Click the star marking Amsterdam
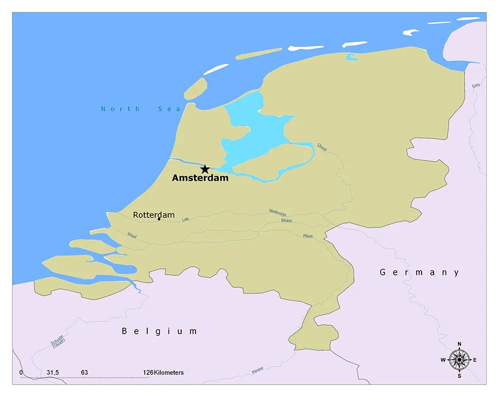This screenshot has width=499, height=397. (x=205, y=169)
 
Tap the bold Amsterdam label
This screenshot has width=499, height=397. (x=200, y=178)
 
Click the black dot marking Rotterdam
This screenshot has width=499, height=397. (x=159, y=219)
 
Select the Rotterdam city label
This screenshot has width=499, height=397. (x=154, y=215)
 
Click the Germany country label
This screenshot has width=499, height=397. (x=419, y=272)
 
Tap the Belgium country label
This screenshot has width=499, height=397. (x=160, y=331)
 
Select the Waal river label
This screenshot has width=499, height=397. (x=132, y=234)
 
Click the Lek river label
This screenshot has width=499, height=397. (x=186, y=219)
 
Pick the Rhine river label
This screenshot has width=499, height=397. (x=286, y=220)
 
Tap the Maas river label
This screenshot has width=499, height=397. (x=308, y=235)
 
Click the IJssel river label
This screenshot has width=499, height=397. (x=322, y=147)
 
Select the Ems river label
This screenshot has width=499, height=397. (x=476, y=86)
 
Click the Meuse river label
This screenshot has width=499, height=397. (x=257, y=370)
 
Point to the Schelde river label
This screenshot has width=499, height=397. (x=57, y=342)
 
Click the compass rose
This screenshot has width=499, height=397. (x=459, y=360)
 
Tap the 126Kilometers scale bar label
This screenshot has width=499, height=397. (x=163, y=373)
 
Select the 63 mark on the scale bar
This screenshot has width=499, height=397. (x=84, y=373)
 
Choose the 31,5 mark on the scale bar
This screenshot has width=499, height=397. (x=53, y=373)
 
